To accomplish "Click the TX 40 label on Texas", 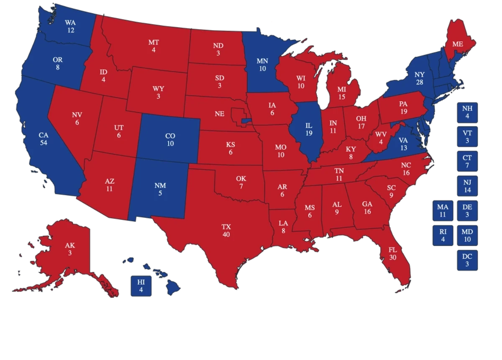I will click(226, 231).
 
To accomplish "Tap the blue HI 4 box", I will click(141, 286).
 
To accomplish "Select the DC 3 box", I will click(467, 260).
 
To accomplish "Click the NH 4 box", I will click(467, 112).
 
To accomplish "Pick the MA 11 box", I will click(443, 211).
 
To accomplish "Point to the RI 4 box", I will click(443, 235).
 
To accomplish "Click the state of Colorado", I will click(169, 139).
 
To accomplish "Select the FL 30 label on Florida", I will click(392, 254).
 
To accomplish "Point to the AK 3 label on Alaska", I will click(70, 249).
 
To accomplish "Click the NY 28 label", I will click(420, 78).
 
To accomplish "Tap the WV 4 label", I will click(380, 138).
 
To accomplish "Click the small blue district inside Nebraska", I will click(246, 121).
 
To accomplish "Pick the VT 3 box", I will click(467, 136).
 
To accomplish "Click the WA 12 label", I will click(70, 26).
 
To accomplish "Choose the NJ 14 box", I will click(467, 186).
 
